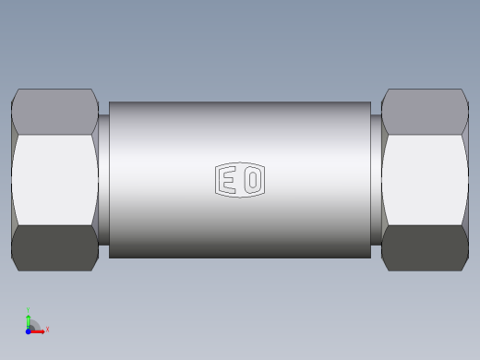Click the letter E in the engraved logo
tap(228, 180)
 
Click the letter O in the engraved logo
tap(252, 180)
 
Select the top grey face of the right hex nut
tap(425, 111)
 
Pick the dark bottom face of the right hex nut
tap(425, 248)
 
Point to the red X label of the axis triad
tap(47, 329)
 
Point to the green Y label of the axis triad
tap(29, 310)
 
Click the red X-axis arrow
tap(38, 329)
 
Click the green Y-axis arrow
tap(29, 319)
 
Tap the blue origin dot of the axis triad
tap(28, 330)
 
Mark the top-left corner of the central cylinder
tap(110, 102)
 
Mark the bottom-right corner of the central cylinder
tap(370, 258)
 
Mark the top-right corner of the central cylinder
tap(370, 102)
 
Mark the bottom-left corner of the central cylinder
tap(110, 258)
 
